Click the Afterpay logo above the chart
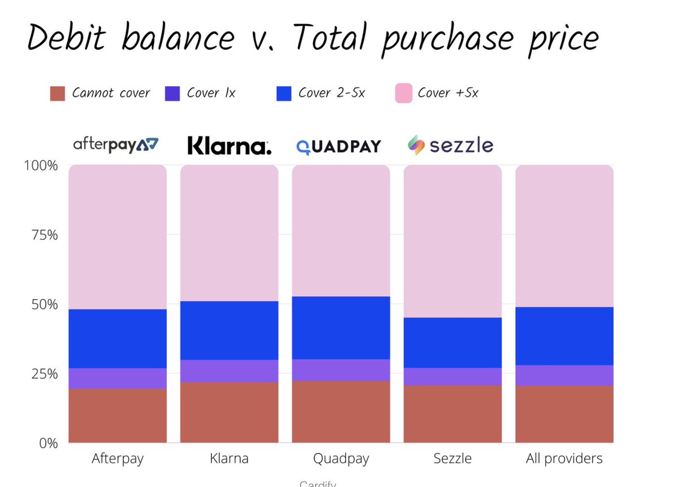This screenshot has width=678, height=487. coord(116,145)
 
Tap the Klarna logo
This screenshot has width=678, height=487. coord(229,147)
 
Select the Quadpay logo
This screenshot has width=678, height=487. coord(339,147)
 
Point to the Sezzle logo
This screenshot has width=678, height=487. coord(450,146)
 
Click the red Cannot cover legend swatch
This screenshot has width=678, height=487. coord(58,94)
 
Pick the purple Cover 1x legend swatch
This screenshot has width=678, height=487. coord(172,94)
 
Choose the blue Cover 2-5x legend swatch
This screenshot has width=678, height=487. coord(284,94)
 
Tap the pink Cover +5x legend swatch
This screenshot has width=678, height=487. coord(403,94)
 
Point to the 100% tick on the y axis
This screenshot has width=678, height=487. coord(41,166)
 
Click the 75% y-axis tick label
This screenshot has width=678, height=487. coord(44,235)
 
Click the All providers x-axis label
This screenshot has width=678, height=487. coord(564,459)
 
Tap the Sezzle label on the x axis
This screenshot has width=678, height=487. coord(452,459)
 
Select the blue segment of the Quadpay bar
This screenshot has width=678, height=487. coord(341,327)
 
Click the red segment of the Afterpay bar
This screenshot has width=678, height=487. coord(118,415)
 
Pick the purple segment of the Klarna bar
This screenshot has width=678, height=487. coord(229,371)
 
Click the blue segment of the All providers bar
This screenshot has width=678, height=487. coord(564,336)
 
